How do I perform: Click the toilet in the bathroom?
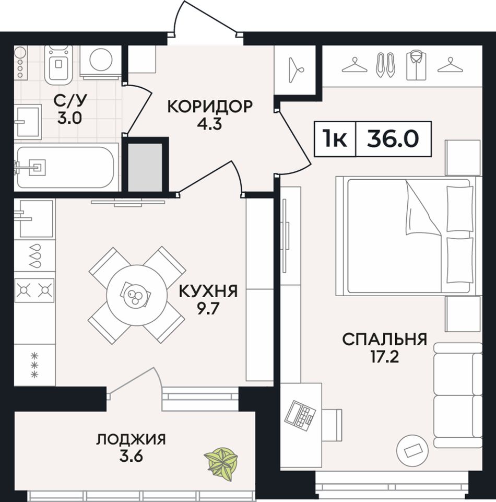tap(58, 64)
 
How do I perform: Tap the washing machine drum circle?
tap(101, 60)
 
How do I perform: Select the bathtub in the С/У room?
tap(66, 167)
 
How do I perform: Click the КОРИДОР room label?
tap(210, 106)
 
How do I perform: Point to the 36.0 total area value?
tap(393, 139)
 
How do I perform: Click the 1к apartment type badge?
tap(335, 139)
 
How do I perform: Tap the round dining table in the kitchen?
tap(137, 295)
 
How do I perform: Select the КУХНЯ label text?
tap(208, 291)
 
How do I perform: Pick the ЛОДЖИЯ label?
tap(131, 439)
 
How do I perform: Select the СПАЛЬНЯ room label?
tap(385, 340)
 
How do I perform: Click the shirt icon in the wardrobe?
tap(416, 66)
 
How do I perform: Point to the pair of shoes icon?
tap(384, 65)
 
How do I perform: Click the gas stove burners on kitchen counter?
tap(34, 290)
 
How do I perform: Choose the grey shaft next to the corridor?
tap(145, 167)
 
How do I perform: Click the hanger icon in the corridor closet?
tap(296, 70)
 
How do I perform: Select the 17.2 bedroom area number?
tap(385, 357)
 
